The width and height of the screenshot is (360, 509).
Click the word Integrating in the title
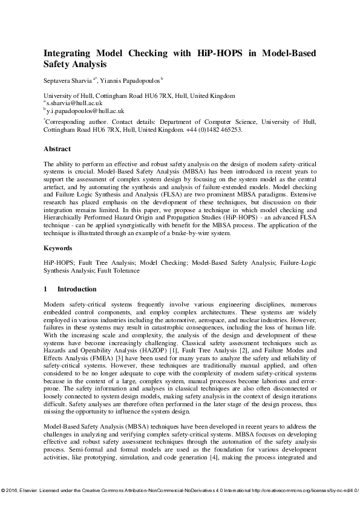click(x=68, y=53)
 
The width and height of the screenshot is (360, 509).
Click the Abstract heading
click(x=57, y=149)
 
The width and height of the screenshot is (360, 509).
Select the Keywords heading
click(x=58, y=248)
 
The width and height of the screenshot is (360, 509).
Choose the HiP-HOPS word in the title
click(x=222, y=53)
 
